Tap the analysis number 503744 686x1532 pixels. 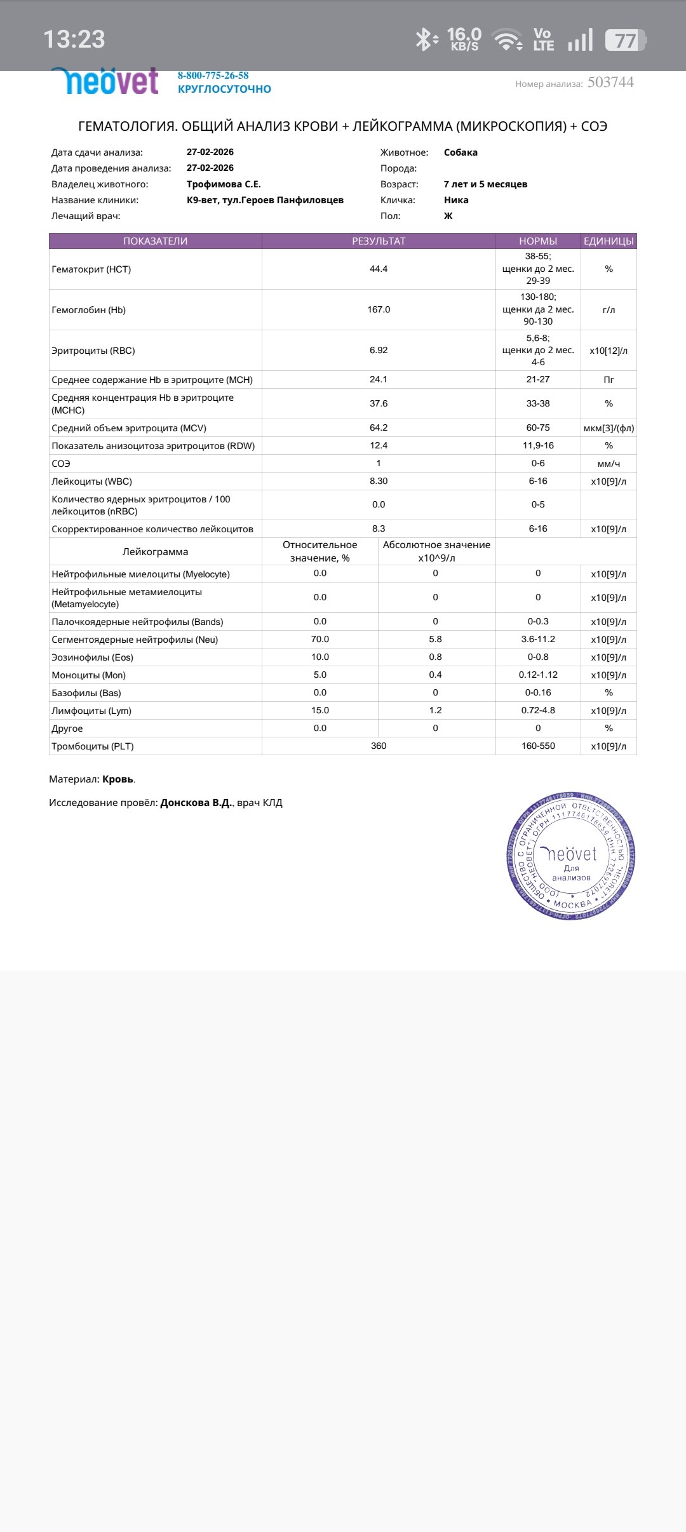pyautogui.click(x=610, y=83)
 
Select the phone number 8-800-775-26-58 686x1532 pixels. pyautogui.click(x=213, y=76)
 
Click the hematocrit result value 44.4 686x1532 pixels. pyautogui.click(x=379, y=269)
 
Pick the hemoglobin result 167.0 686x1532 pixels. pyautogui.click(x=379, y=310)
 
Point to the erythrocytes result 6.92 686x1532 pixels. pyautogui.click(x=379, y=351)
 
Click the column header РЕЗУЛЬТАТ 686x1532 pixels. pyautogui.click(x=379, y=241)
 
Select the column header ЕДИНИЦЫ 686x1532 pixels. pyautogui.click(x=609, y=241)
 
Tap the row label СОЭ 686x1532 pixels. pyautogui.click(x=61, y=464)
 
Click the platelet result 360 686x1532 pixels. pyautogui.click(x=379, y=746)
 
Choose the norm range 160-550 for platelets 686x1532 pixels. pyautogui.click(x=538, y=746)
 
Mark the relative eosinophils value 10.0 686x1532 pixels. pyautogui.click(x=320, y=657)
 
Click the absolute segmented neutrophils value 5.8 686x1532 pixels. pyautogui.click(x=435, y=640)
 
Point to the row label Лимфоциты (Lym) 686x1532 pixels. pyautogui.click(x=91, y=711)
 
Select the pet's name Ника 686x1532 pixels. pyautogui.click(x=456, y=200)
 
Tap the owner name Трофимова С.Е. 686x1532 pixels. pyautogui.click(x=224, y=184)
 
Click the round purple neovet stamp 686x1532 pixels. pyautogui.click(x=570, y=856)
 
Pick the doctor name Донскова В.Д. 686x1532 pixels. pyautogui.click(x=196, y=803)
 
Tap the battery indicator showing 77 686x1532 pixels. pyautogui.click(x=626, y=41)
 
